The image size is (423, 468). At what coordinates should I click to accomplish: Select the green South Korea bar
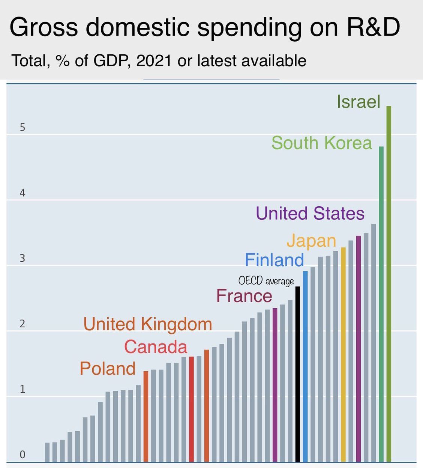(x=381, y=304)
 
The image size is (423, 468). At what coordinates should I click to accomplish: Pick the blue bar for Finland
(x=305, y=366)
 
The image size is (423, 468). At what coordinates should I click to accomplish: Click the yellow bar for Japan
(x=343, y=354)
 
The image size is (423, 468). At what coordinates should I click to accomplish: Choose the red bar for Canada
(x=191, y=409)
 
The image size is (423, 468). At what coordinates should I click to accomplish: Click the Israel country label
(x=358, y=102)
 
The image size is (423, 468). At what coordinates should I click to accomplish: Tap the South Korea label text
(x=321, y=143)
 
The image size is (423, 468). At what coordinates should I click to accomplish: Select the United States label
(x=310, y=213)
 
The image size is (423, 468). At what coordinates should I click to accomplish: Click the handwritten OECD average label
(x=266, y=281)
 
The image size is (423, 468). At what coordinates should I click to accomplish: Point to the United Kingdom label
(x=147, y=324)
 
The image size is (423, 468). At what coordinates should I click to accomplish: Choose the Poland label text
(x=108, y=369)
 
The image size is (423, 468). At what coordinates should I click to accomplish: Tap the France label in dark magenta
(x=244, y=296)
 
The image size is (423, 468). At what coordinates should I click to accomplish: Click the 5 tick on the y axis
(x=22, y=127)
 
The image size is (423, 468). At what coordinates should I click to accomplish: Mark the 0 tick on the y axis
(x=22, y=455)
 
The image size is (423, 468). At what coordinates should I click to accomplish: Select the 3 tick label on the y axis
(x=22, y=258)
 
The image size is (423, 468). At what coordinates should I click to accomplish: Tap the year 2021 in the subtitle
(x=154, y=61)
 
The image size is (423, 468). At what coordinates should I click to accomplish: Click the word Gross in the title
(x=43, y=27)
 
